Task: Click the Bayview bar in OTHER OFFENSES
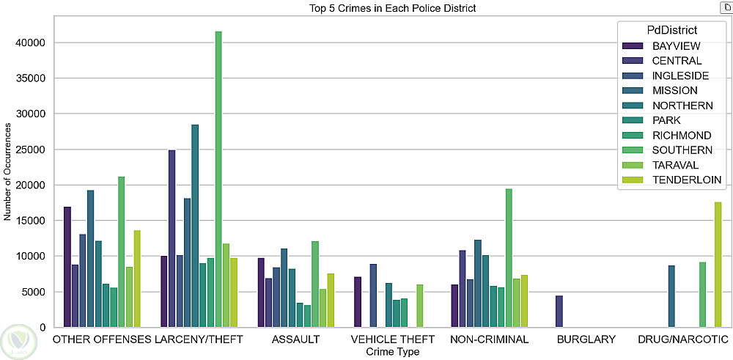click(x=67, y=267)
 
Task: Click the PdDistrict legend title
click(x=671, y=30)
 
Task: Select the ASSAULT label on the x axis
click(x=295, y=340)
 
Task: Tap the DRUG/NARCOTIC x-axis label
click(x=682, y=340)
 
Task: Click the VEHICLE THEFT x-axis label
click(x=392, y=340)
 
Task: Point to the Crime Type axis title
click(x=392, y=353)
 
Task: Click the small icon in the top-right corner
click(x=726, y=7)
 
